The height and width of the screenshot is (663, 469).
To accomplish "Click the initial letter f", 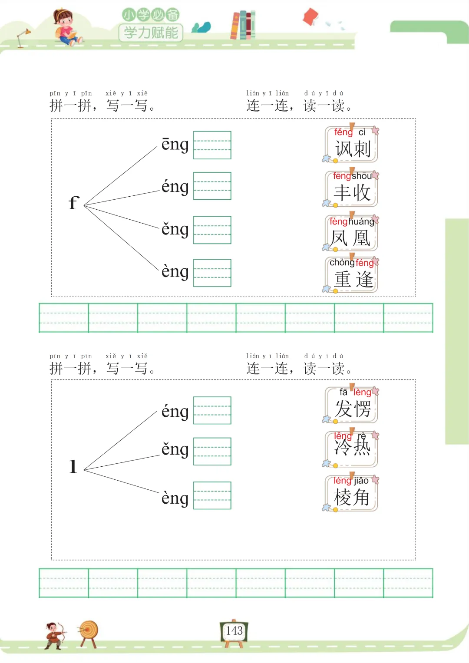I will click(x=74, y=203).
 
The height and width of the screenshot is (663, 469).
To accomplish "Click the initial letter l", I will click(x=73, y=466).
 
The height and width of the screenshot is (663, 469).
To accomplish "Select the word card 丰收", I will click(x=352, y=189).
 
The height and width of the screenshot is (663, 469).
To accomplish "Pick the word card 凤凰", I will click(x=351, y=234).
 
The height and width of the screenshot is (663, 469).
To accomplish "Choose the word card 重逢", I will click(x=352, y=275).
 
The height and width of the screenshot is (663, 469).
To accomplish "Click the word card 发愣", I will click(x=352, y=405).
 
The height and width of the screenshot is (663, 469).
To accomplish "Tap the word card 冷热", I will click(x=352, y=449).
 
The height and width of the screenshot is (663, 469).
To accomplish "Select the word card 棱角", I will click(x=352, y=493).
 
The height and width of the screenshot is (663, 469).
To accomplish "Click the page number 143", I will click(x=234, y=630).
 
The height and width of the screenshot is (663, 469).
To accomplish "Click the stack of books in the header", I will click(x=243, y=25).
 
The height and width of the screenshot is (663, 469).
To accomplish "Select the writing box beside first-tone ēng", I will click(x=212, y=145).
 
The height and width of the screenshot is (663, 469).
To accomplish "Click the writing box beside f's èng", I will click(x=212, y=273).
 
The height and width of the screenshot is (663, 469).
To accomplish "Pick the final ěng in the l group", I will click(x=175, y=449).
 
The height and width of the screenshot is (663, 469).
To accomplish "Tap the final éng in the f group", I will click(x=175, y=187).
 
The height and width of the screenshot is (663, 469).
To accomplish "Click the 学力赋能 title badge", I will click(x=151, y=32).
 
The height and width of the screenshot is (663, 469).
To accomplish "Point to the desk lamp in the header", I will click(x=23, y=37).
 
